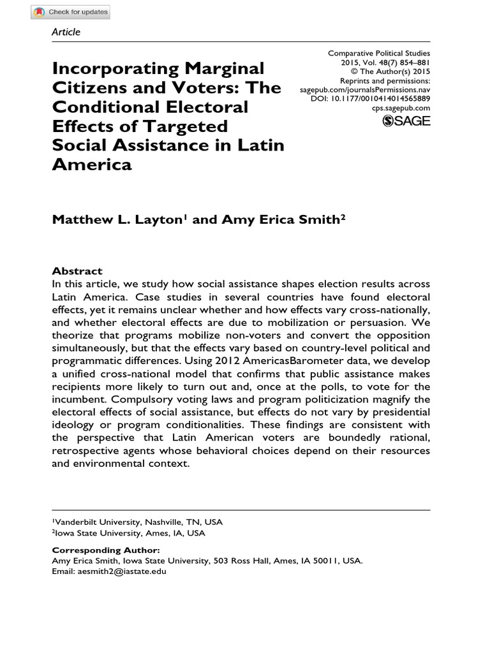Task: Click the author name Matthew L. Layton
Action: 118,219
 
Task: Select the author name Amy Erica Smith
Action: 280,219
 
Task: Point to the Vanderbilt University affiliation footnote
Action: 137,522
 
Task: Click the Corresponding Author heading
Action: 105,550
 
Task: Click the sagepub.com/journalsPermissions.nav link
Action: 365,91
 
